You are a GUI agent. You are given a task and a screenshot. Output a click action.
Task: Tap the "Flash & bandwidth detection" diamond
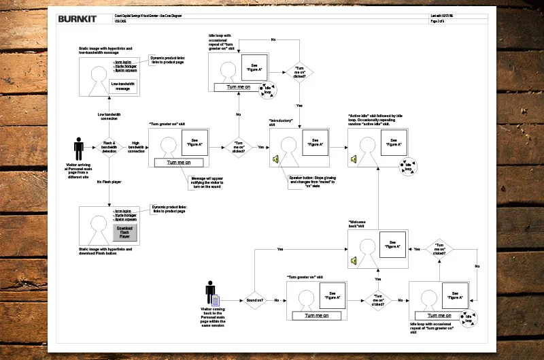coord(109,146)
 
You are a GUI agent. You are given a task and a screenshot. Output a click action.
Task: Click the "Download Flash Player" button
coord(124,233)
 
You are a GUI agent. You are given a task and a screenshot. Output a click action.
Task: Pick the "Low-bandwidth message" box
coord(123,86)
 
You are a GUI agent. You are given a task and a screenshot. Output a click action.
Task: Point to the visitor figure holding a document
coord(212,295)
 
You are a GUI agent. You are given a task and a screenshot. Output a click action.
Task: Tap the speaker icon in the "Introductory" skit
coord(275,159)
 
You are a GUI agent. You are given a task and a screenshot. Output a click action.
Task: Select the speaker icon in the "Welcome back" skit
coord(354,260)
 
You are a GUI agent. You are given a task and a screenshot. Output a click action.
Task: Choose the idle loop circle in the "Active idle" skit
coord(409,165)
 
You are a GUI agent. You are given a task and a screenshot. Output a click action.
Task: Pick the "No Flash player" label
coord(109,182)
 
